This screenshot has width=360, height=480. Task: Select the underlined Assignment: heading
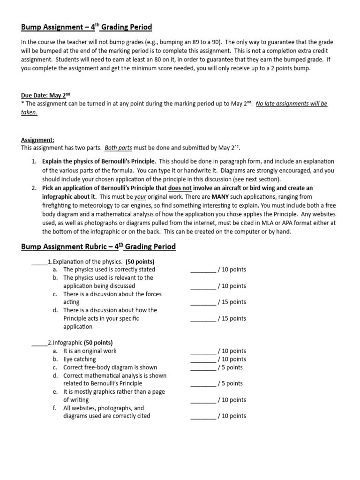(37, 140)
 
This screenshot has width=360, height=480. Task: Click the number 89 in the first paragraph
(177, 42)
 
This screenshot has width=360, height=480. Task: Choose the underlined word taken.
(29, 112)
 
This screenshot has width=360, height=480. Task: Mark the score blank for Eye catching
(203, 359)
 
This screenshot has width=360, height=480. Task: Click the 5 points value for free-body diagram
(232, 367)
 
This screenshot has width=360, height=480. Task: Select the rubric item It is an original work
(90, 351)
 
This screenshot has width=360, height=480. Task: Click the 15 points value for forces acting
(233, 302)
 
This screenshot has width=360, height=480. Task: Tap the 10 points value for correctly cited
(233, 416)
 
